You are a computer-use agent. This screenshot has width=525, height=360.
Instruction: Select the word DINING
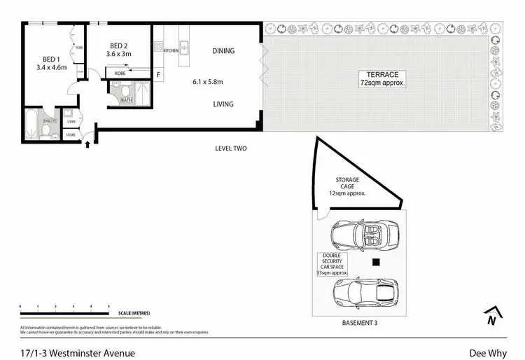223,51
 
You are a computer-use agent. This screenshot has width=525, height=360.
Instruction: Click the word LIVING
223,104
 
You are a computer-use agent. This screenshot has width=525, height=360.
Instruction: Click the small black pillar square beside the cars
376,263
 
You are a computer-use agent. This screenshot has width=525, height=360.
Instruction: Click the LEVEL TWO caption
231,148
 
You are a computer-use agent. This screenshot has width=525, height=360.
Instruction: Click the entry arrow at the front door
87,146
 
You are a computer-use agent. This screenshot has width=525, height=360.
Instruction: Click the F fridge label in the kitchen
158,75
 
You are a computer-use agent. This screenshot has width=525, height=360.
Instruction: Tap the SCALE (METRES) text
134,313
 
